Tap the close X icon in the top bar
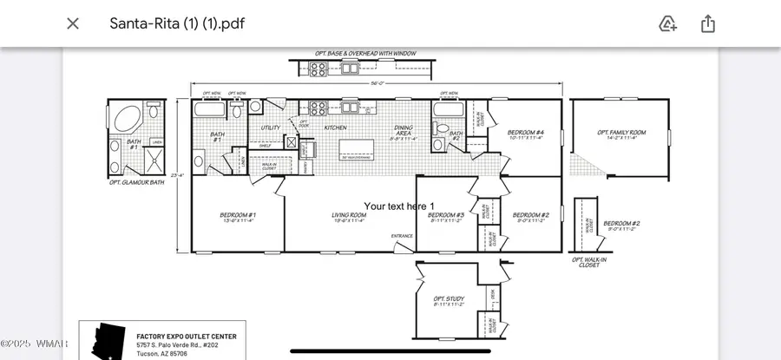73,23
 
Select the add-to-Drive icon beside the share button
667,23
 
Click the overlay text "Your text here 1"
398,206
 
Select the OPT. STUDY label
449,300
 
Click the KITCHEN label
335,128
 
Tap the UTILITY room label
270,128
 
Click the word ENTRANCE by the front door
402,236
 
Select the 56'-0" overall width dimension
377,84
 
